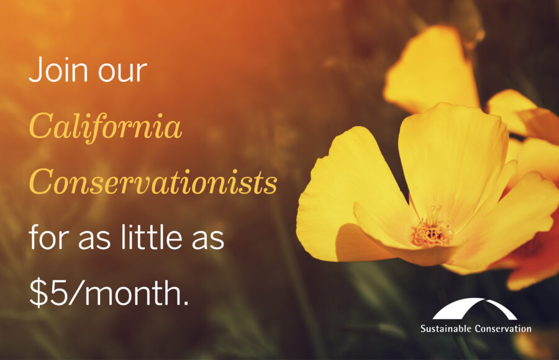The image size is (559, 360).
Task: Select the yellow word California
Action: tap(105, 126)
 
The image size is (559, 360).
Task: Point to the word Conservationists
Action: tap(153, 182)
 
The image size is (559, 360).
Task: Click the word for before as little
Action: tap(49, 236)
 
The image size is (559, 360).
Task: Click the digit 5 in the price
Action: tap(57, 293)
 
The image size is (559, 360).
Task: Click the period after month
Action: tap(185, 304)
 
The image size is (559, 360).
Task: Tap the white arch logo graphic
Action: tap(475, 308)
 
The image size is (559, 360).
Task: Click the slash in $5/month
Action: tap(75, 293)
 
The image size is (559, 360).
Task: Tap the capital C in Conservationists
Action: tap(40, 182)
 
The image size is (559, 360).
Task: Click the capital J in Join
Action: tap(35, 70)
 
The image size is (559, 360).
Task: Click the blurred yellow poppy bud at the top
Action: tap(433, 68)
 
